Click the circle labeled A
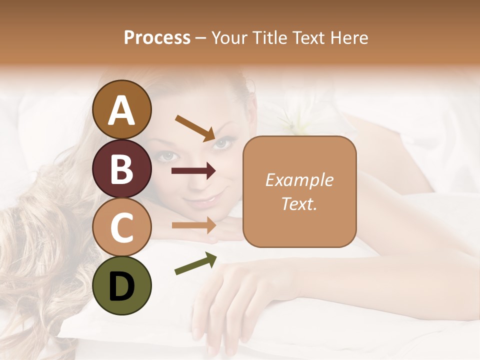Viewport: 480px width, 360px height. tap(122, 109)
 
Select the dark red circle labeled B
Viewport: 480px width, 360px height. tap(122, 168)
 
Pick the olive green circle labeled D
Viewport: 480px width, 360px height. tap(122, 285)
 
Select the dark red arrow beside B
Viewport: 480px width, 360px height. tap(193, 171)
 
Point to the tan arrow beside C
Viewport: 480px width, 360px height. tap(193, 225)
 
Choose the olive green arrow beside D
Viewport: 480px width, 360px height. tap(195, 263)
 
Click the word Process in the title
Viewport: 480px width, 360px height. tap(157, 38)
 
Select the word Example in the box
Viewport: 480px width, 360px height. tap(299, 180)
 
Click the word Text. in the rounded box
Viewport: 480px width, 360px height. tap(299, 203)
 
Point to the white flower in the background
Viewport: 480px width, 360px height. tap(294, 120)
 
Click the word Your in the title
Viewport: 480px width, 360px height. tap(229, 38)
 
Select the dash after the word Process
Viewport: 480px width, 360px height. tap(200, 38)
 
